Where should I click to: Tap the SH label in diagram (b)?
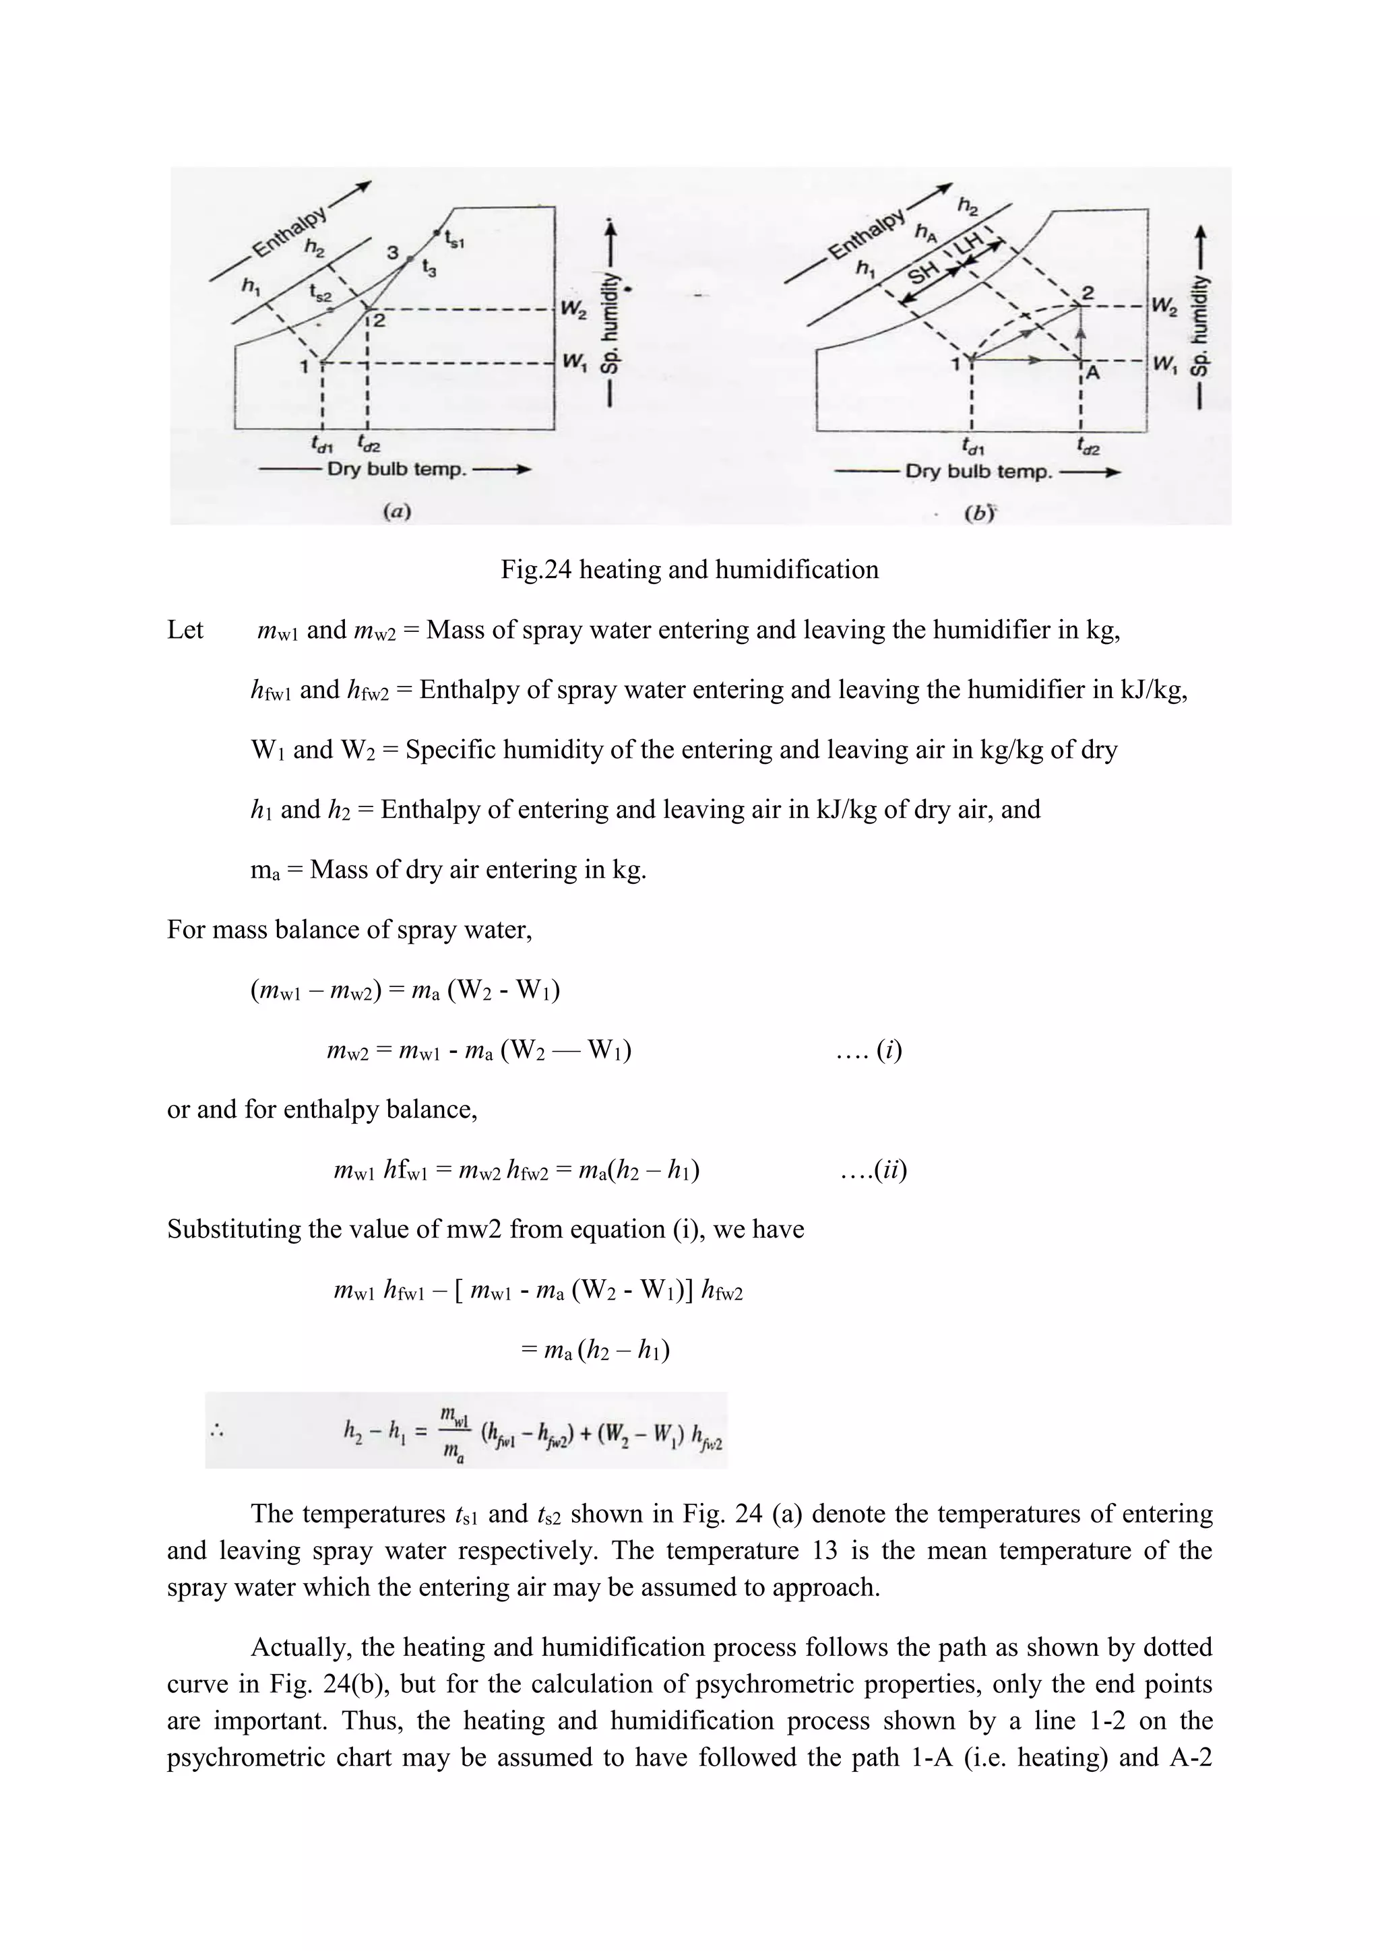tap(924, 273)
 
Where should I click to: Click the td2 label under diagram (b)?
tap(1088, 445)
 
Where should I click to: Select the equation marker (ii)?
tap(891, 1170)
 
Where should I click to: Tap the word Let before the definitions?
tap(185, 630)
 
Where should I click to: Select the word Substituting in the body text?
tap(228, 1229)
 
